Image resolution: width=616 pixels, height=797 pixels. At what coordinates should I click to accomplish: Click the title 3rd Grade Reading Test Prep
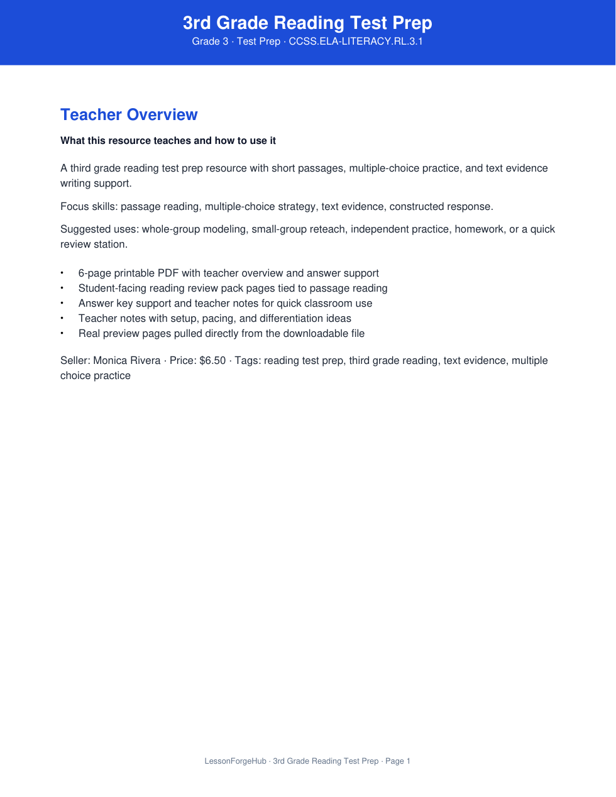point(307,23)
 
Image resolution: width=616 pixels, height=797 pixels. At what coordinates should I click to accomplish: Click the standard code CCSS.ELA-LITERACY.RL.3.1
point(356,41)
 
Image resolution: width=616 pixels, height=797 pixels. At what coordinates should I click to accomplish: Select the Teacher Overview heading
point(129,115)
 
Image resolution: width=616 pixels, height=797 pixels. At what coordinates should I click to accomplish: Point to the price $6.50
point(212,361)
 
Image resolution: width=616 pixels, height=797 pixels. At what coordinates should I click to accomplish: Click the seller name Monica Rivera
point(127,361)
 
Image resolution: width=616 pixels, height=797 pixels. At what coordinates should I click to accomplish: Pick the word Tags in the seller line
point(246,361)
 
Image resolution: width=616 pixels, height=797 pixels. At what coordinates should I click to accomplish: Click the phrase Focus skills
point(89,207)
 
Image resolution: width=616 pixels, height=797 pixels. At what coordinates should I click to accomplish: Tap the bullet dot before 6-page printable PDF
point(62,273)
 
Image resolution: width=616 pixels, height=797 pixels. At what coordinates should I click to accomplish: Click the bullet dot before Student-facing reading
point(62,289)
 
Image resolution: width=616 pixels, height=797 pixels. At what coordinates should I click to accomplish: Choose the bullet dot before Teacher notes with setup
point(62,319)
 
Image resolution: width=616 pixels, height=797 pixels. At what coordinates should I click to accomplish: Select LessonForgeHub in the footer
point(236,761)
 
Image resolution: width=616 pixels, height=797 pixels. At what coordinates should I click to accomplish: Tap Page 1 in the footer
point(398,761)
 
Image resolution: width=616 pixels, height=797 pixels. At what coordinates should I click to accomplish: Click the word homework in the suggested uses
point(479,229)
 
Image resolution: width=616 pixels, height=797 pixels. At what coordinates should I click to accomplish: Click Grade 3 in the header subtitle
point(210,41)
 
